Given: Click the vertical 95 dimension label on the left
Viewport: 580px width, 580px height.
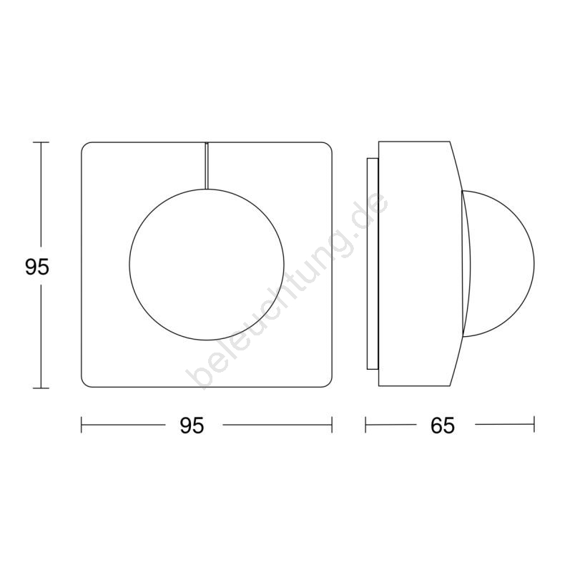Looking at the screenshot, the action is (37, 267).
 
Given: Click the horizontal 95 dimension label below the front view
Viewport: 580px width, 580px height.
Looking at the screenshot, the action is (192, 426).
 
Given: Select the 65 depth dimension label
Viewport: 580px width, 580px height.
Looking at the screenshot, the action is (443, 426).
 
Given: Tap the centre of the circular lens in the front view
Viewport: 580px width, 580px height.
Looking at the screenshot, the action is (207, 265).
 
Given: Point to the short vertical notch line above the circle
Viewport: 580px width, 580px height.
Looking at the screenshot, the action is (207, 166).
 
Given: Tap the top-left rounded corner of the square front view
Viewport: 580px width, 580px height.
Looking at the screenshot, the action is (84, 145).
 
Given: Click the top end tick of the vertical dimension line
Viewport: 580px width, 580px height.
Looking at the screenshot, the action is (41, 142).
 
